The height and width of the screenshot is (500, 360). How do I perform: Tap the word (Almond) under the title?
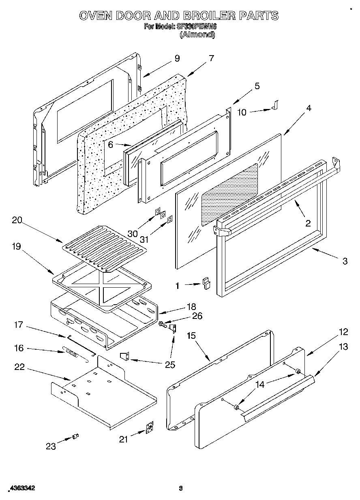point(197,35)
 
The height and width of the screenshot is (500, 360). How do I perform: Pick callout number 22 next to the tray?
point(19,367)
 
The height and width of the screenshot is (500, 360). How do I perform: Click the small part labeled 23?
point(75,436)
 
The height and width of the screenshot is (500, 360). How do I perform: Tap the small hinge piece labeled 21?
point(150,428)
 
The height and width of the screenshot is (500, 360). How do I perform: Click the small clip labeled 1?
point(207,282)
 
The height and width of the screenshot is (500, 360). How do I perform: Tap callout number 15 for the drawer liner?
point(191,335)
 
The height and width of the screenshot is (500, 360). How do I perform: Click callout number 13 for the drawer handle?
point(343,346)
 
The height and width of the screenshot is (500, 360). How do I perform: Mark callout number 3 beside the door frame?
point(344,261)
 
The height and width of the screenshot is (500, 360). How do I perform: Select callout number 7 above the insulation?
point(211,58)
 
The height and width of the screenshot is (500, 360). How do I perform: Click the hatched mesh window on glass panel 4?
point(229,194)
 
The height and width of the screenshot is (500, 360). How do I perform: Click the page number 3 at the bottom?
point(181,488)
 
